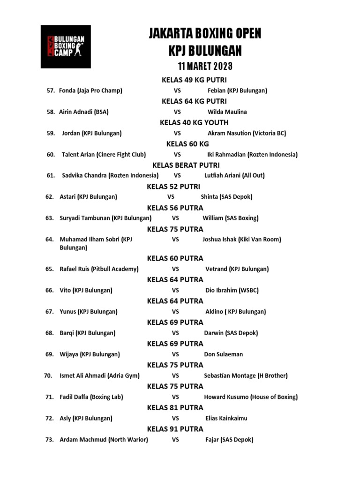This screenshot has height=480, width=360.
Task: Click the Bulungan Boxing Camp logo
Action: (66, 46)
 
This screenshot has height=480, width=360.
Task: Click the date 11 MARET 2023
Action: (205, 66)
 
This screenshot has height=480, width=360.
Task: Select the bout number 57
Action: (51, 90)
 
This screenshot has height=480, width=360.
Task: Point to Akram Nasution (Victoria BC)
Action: (247, 133)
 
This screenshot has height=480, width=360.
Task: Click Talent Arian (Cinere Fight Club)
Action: (104, 154)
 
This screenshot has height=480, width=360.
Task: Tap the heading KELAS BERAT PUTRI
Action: (186, 165)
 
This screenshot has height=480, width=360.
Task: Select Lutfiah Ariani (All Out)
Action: (234, 175)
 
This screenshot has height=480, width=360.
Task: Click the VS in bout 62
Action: (171, 197)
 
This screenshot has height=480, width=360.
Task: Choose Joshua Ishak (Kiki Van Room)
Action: (241, 240)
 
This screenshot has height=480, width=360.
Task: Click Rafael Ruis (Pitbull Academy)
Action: (99, 269)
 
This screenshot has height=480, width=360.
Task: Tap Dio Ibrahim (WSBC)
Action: (232, 291)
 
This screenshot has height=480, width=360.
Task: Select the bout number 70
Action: (48, 375)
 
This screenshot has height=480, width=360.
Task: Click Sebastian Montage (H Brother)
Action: (246, 375)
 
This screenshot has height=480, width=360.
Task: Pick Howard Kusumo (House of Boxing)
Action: (251, 397)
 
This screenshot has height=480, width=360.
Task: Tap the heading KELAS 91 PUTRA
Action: (175, 429)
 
